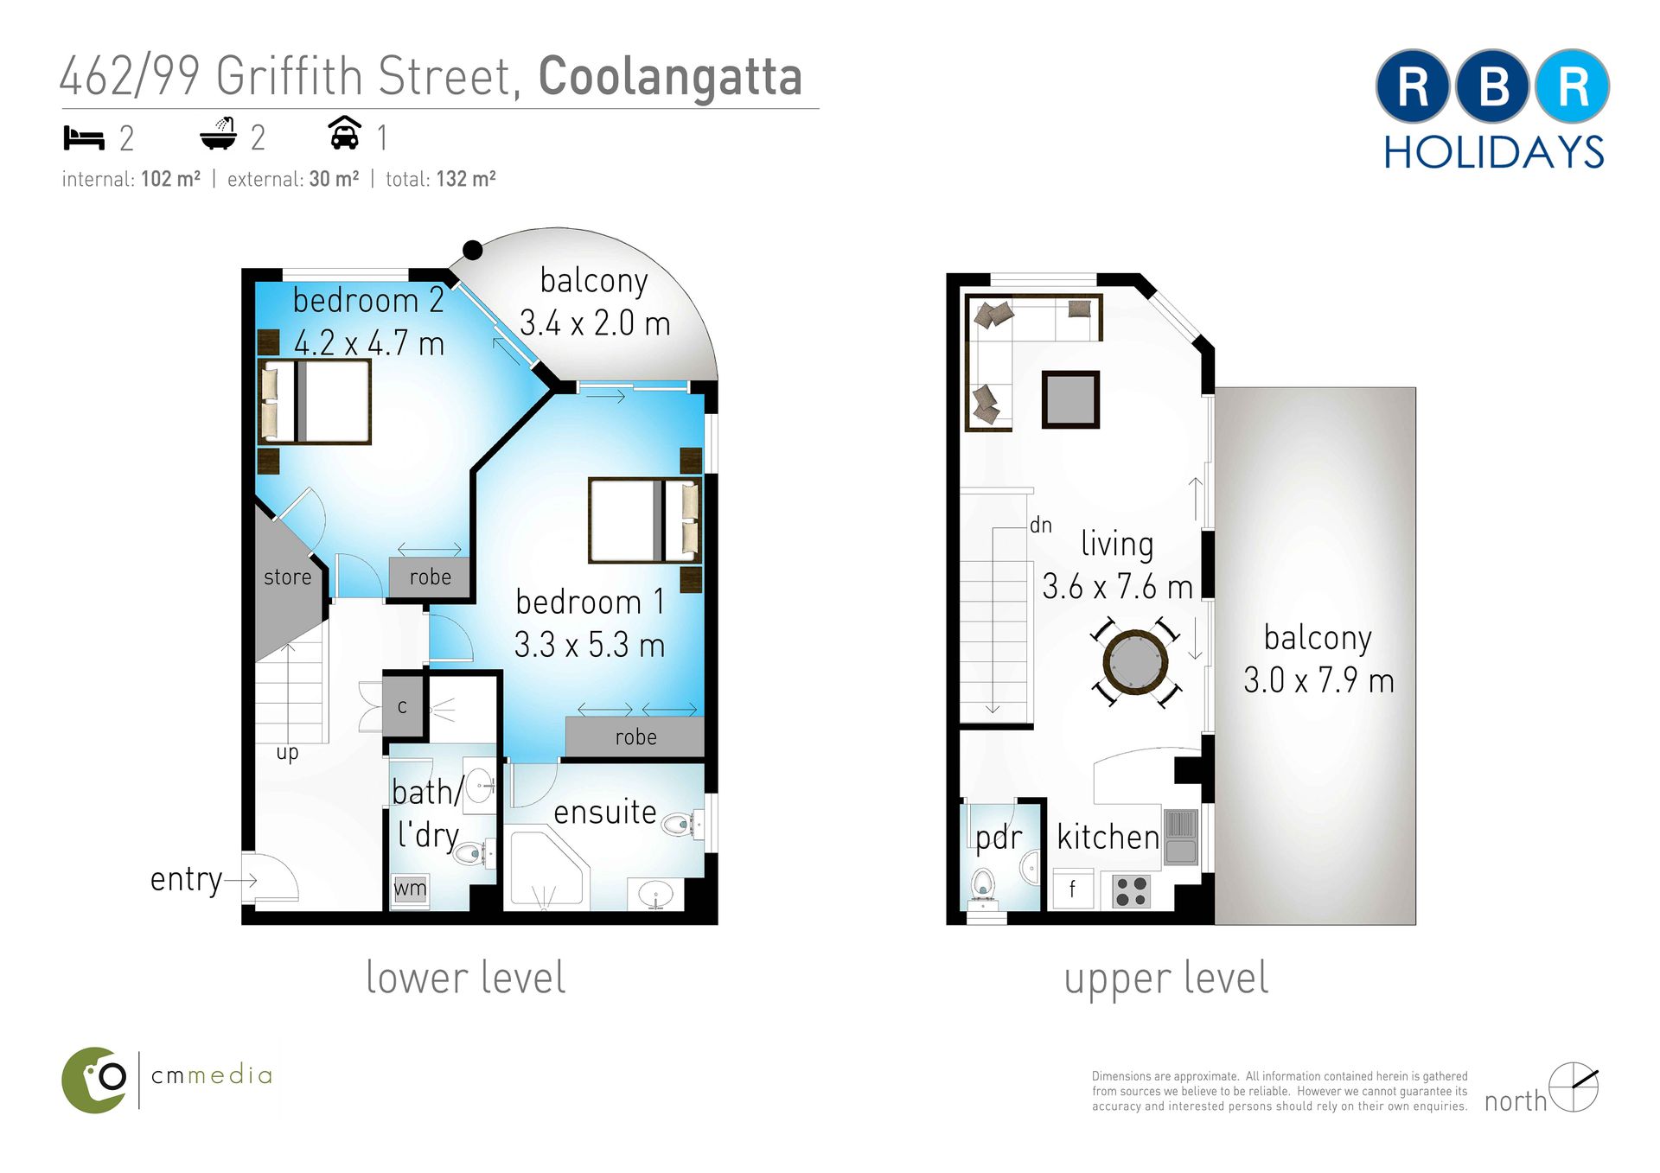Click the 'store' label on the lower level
[x=287, y=577]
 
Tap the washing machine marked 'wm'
[x=411, y=889]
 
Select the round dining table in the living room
[x=1135, y=662]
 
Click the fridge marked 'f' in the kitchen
[x=1073, y=889]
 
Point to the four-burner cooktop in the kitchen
[x=1132, y=890]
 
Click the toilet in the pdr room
[x=983, y=887]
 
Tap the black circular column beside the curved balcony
[x=472, y=250]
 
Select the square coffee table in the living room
[x=1070, y=399]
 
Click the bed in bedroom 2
[x=315, y=402]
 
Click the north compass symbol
[x=1574, y=1087]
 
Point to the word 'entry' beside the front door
[x=186, y=880]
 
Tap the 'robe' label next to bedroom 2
[x=431, y=577]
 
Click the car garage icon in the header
[x=345, y=133]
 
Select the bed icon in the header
[x=84, y=137]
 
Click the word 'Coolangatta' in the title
[x=671, y=77]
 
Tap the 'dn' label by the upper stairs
[x=1041, y=525]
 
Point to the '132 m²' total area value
[x=466, y=179]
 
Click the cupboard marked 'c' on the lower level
[x=402, y=706]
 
